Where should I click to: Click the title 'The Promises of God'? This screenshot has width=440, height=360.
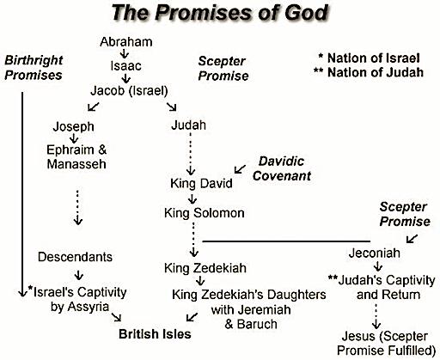tap(220, 13)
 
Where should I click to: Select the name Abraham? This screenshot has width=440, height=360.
tap(126, 42)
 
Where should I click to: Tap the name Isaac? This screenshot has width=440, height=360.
tap(125, 66)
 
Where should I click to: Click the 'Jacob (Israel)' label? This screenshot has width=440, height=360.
tap(129, 91)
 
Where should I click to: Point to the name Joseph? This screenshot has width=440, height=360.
tap(73, 126)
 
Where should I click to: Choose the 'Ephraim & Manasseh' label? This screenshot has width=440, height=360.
tap(76, 157)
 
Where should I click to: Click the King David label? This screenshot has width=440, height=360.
tap(201, 183)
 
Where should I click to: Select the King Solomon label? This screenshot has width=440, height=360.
tap(205, 213)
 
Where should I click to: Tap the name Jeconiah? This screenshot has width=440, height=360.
tap(375, 253)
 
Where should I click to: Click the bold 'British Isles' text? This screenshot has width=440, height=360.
tap(155, 334)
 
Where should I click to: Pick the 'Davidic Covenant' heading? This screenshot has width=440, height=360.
tap(282, 168)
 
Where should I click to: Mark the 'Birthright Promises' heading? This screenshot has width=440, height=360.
tap(34, 68)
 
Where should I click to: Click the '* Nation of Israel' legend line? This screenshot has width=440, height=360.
tap(369, 58)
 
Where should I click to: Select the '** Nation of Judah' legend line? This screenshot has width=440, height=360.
tap(369, 72)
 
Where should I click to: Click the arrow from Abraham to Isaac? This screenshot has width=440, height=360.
tap(125, 53)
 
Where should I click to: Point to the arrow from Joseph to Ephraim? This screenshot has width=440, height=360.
tap(74, 138)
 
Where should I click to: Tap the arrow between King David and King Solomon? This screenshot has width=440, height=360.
tap(192, 198)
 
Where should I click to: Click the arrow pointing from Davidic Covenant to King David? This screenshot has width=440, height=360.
tap(240, 169)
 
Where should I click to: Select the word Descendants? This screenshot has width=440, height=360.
tap(75, 257)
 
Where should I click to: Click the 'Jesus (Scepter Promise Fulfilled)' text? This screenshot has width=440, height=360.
tap(387, 344)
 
